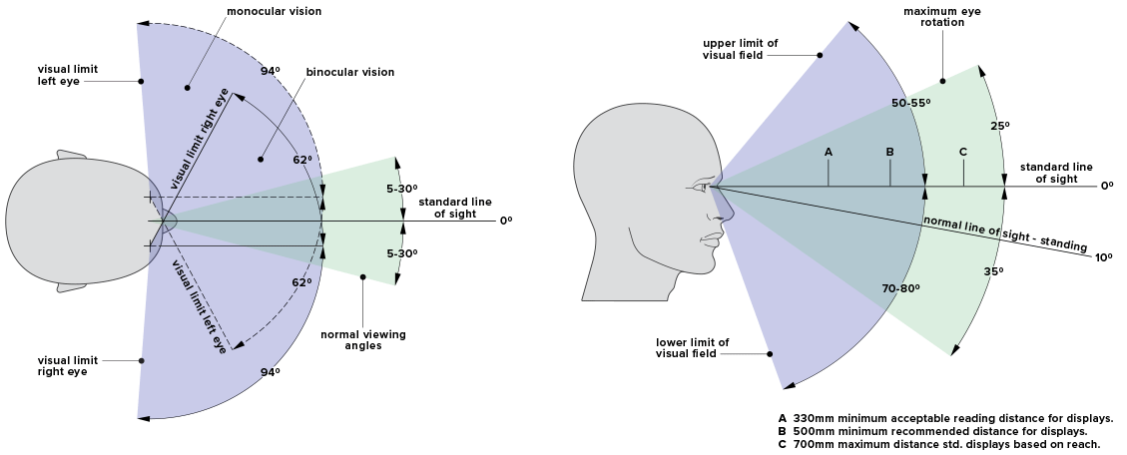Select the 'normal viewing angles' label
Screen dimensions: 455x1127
click(362, 340)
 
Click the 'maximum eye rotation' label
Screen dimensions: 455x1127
click(933, 16)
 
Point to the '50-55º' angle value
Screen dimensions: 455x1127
click(909, 103)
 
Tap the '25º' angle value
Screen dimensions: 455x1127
click(1000, 126)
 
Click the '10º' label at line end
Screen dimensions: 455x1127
click(1103, 257)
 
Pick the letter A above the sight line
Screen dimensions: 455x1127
click(828, 152)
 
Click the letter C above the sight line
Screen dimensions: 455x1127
click(962, 152)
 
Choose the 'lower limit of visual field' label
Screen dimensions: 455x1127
click(692, 349)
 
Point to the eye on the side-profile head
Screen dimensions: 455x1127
click(699, 186)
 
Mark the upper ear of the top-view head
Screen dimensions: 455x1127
click(72, 156)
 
